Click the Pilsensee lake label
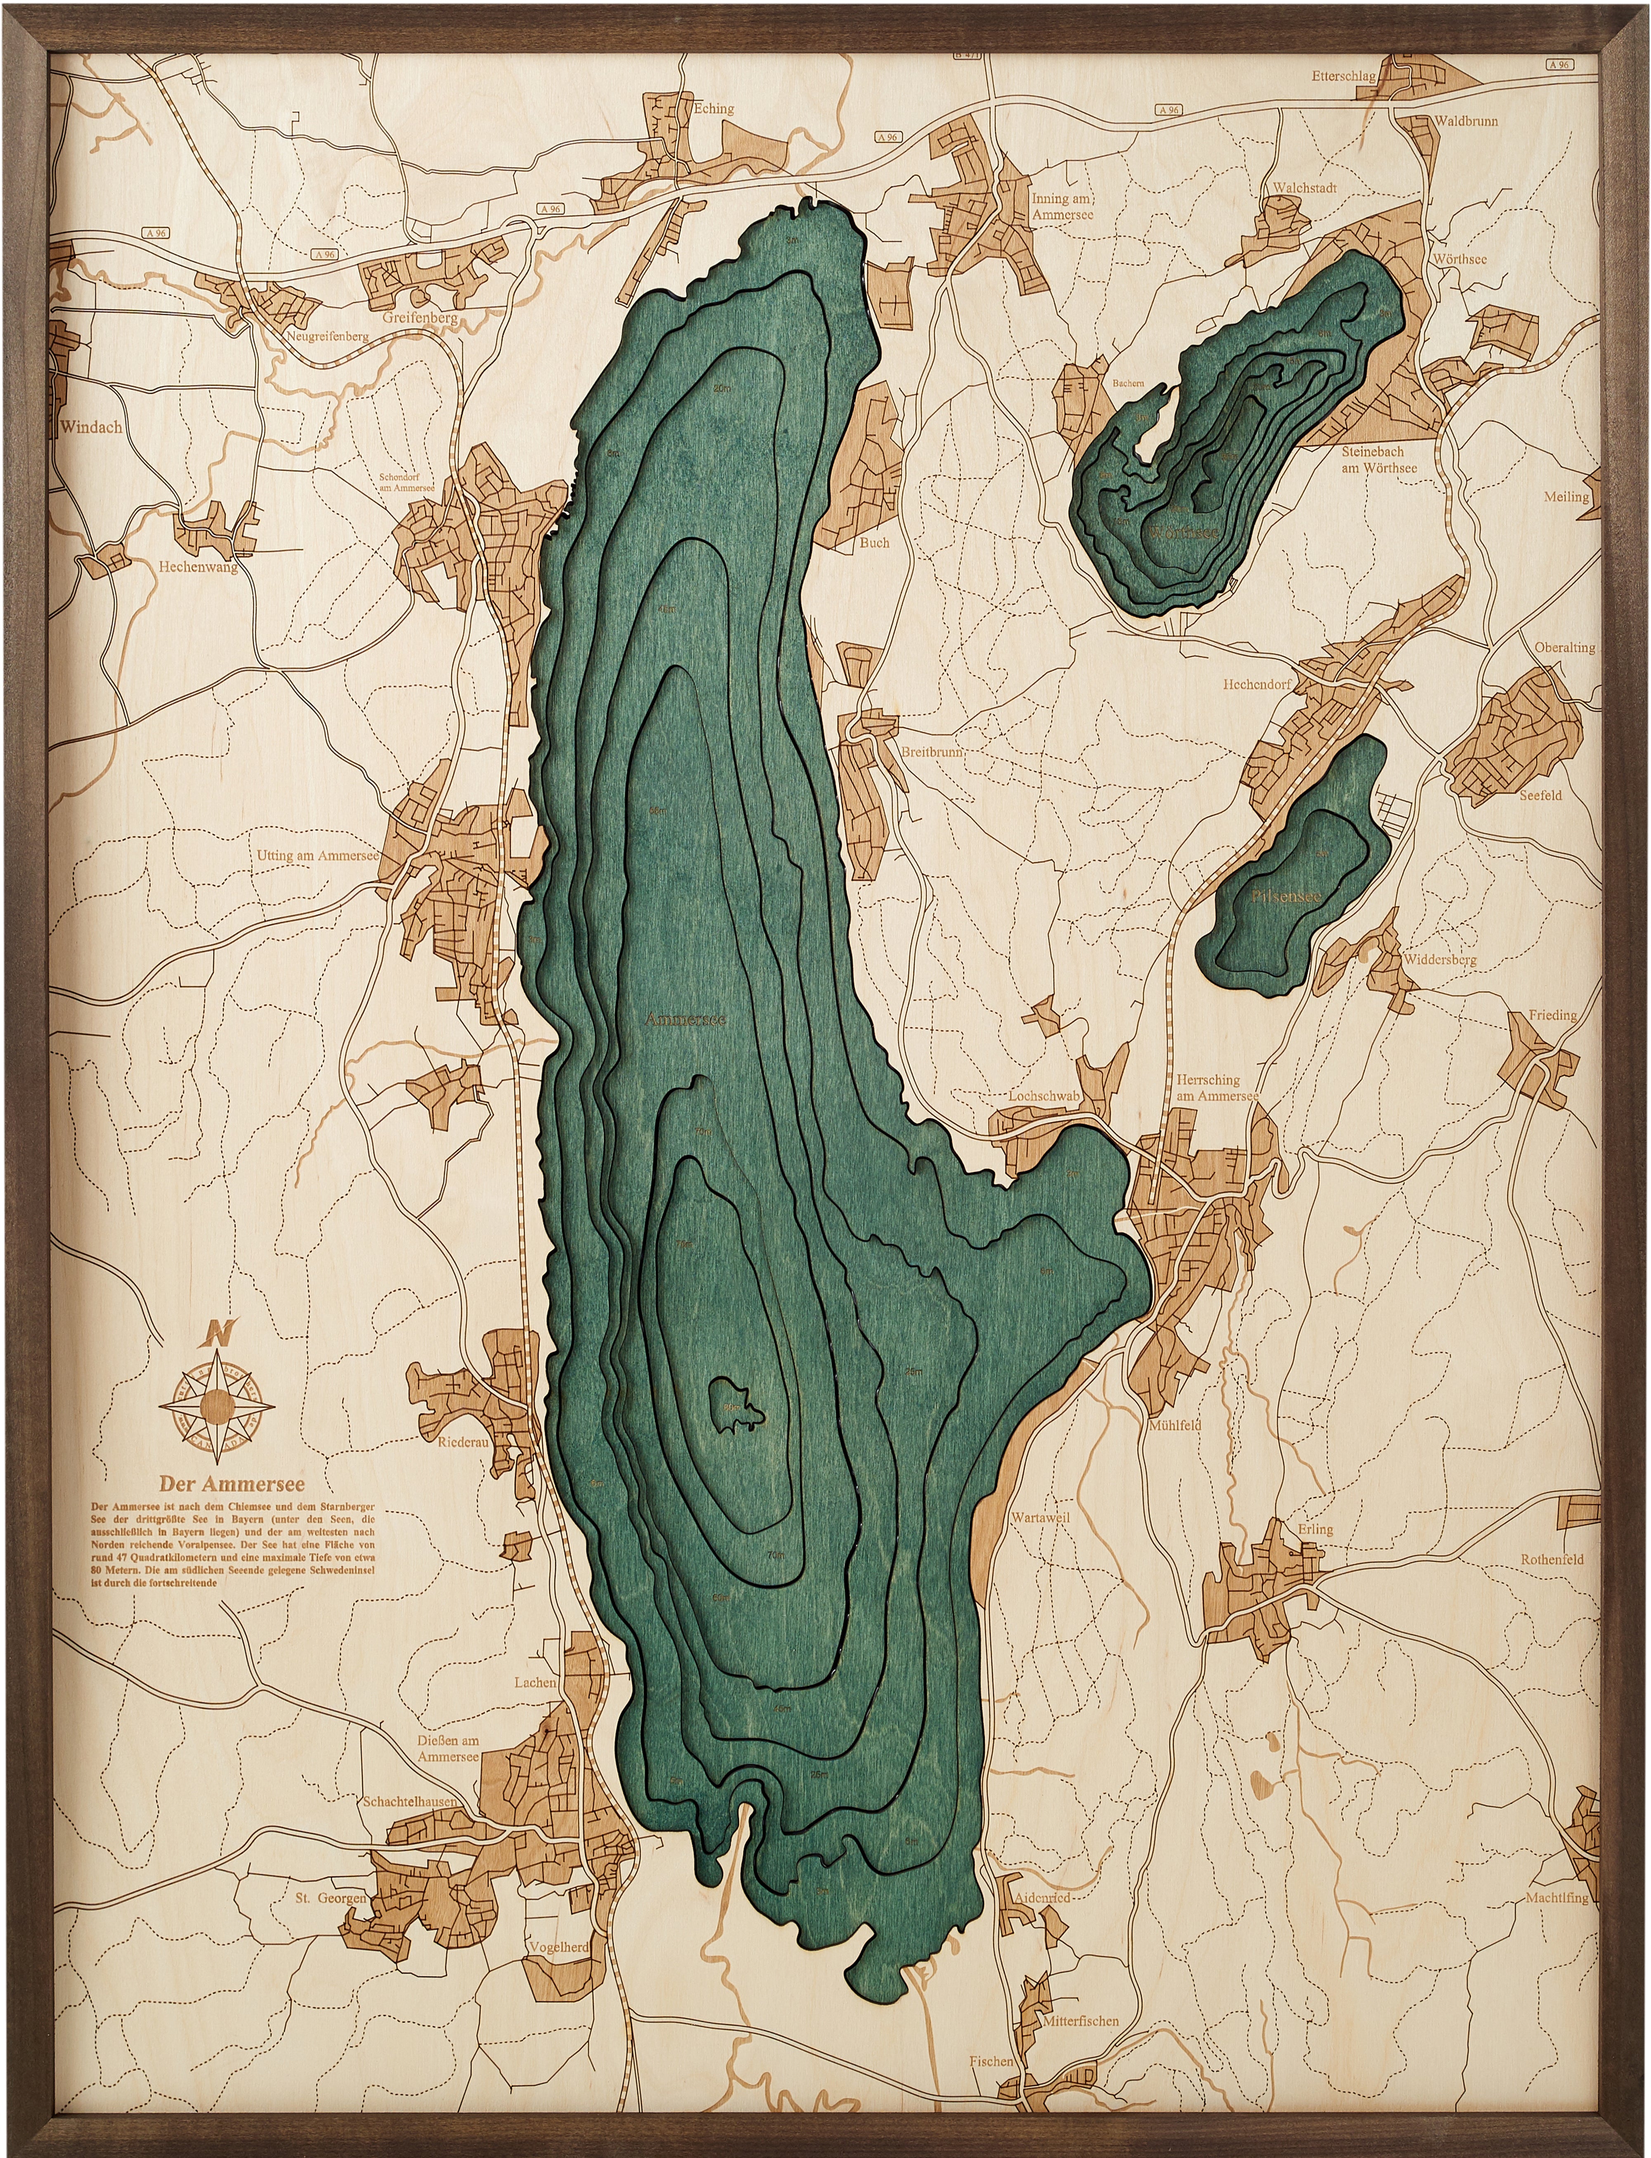pos(1287,897)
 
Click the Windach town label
pos(90,426)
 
